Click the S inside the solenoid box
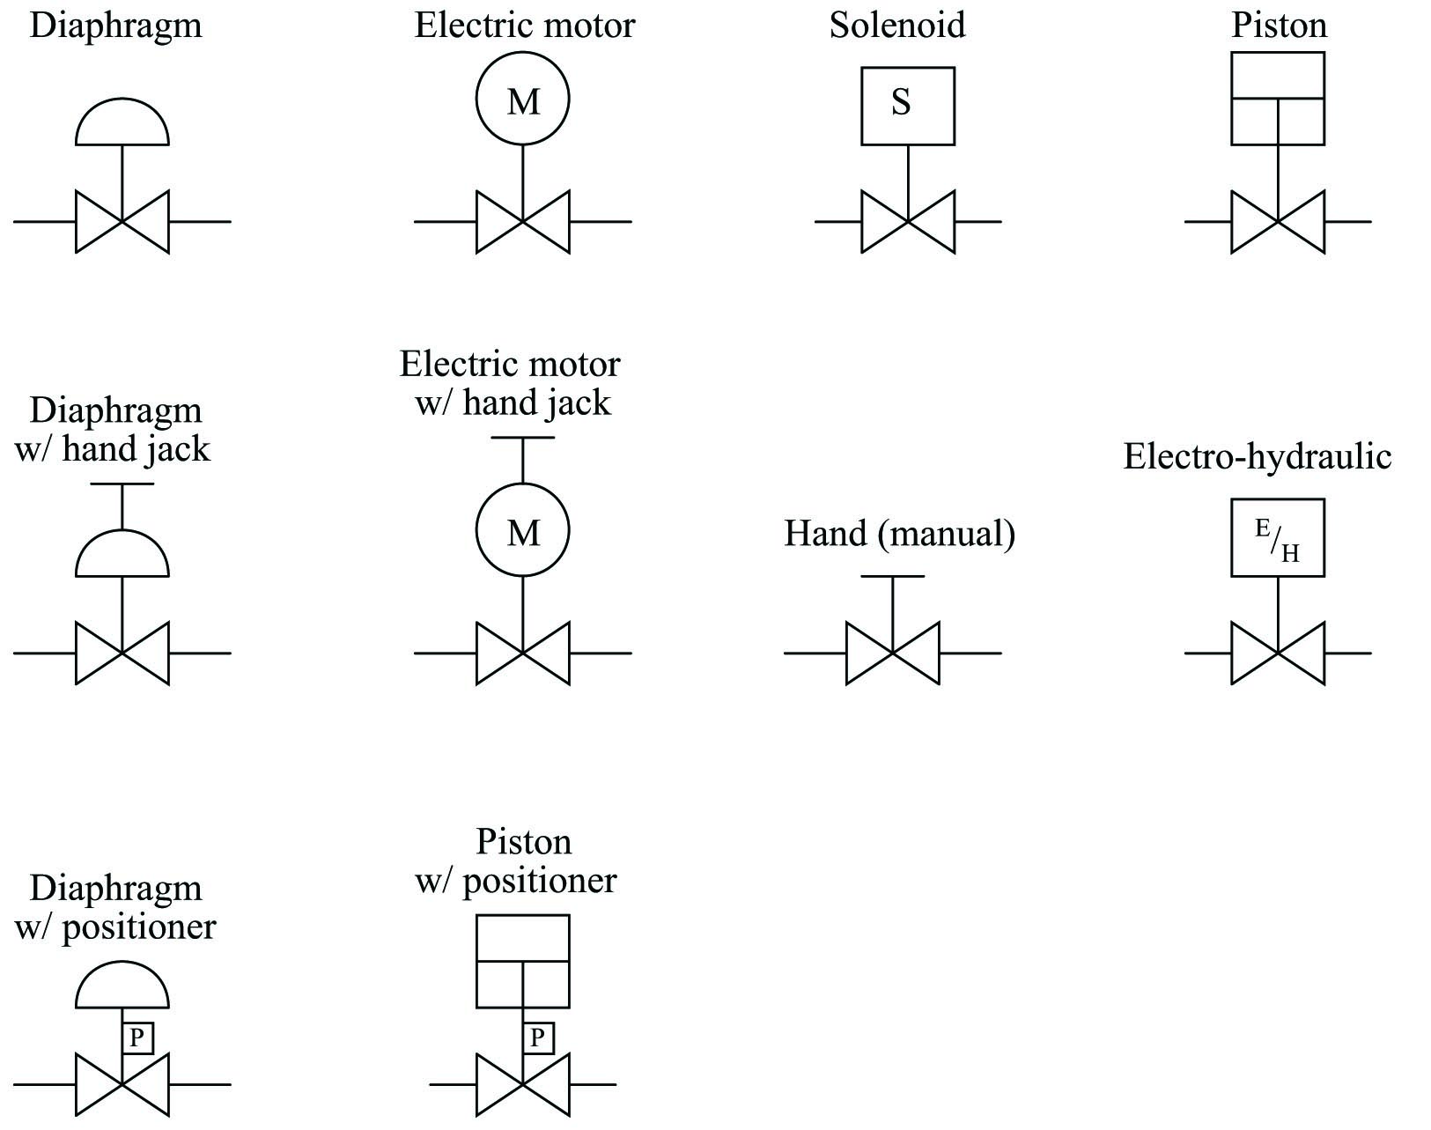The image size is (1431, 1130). [x=900, y=102]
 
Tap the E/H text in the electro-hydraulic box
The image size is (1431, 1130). [x=1277, y=539]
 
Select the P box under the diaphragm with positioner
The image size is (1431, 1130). [x=137, y=1038]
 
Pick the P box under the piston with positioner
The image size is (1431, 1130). [x=539, y=1038]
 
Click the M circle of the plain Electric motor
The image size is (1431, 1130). [x=523, y=53]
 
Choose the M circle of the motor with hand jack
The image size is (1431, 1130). [x=523, y=484]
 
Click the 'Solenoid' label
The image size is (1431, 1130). [x=897, y=26]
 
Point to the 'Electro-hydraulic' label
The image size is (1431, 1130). [x=1258, y=456]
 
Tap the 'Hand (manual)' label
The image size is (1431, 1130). [x=900, y=534]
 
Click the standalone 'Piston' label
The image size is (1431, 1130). [x=1279, y=26]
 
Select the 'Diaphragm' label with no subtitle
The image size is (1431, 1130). [x=115, y=26]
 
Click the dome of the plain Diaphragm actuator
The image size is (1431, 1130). [x=122, y=100]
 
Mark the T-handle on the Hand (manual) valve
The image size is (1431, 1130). [x=892, y=577]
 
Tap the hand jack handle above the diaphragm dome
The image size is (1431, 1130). [x=122, y=484]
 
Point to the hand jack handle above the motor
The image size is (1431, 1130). [x=523, y=438]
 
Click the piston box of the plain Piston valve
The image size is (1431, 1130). [x=1278, y=53]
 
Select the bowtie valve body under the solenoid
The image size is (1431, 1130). [x=908, y=221]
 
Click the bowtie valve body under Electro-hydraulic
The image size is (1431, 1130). [x=1278, y=654]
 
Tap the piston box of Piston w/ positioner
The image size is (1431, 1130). [x=523, y=916]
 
